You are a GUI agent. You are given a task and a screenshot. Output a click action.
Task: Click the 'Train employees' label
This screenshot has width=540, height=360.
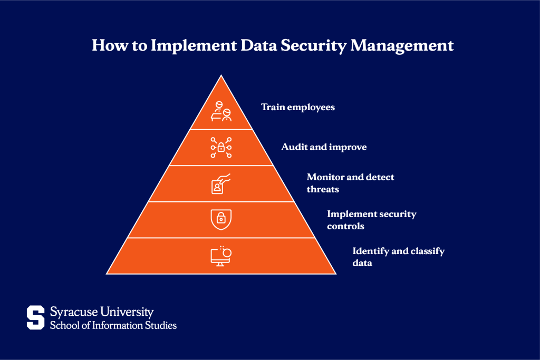coord(298,108)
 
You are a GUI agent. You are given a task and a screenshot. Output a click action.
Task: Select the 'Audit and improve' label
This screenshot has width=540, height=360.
coord(324,147)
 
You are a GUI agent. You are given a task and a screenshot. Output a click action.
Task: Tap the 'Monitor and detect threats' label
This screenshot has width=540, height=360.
coord(351,183)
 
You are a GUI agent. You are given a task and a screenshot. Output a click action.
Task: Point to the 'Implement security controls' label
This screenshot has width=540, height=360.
coord(372,220)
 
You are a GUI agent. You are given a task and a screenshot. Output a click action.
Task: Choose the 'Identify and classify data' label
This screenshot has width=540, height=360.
coord(399,257)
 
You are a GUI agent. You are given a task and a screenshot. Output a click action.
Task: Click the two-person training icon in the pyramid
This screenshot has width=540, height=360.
coord(221,111)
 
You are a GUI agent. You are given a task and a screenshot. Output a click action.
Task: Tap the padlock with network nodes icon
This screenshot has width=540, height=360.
coord(221,148)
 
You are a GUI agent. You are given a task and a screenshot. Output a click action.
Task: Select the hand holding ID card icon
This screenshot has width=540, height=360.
coord(221,184)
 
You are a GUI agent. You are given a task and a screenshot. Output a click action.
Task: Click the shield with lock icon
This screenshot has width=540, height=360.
coord(221,219)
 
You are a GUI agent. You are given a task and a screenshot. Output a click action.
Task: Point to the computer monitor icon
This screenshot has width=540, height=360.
coord(221,256)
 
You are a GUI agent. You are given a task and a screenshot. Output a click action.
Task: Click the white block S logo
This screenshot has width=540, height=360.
coord(36,317)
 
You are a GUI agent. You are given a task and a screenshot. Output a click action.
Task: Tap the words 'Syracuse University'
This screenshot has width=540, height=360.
coord(102,312)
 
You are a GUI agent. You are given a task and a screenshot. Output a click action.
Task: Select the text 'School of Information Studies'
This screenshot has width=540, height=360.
coord(113,325)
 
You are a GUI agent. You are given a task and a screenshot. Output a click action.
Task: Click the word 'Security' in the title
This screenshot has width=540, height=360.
coord(313,46)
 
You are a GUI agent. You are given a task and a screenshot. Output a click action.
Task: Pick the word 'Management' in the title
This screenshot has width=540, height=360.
coord(402,46)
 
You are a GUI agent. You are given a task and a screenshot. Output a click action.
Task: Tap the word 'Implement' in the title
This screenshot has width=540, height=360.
coord(194,46)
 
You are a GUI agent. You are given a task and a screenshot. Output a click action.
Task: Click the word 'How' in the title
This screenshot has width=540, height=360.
coord(110,45)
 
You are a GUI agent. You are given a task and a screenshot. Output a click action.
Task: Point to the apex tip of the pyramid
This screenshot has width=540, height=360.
coord(221,75)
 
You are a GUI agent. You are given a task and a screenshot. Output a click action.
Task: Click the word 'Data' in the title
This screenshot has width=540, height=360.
coord(258,45)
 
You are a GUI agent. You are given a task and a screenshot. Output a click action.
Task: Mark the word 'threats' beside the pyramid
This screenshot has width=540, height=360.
coord(323,189)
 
